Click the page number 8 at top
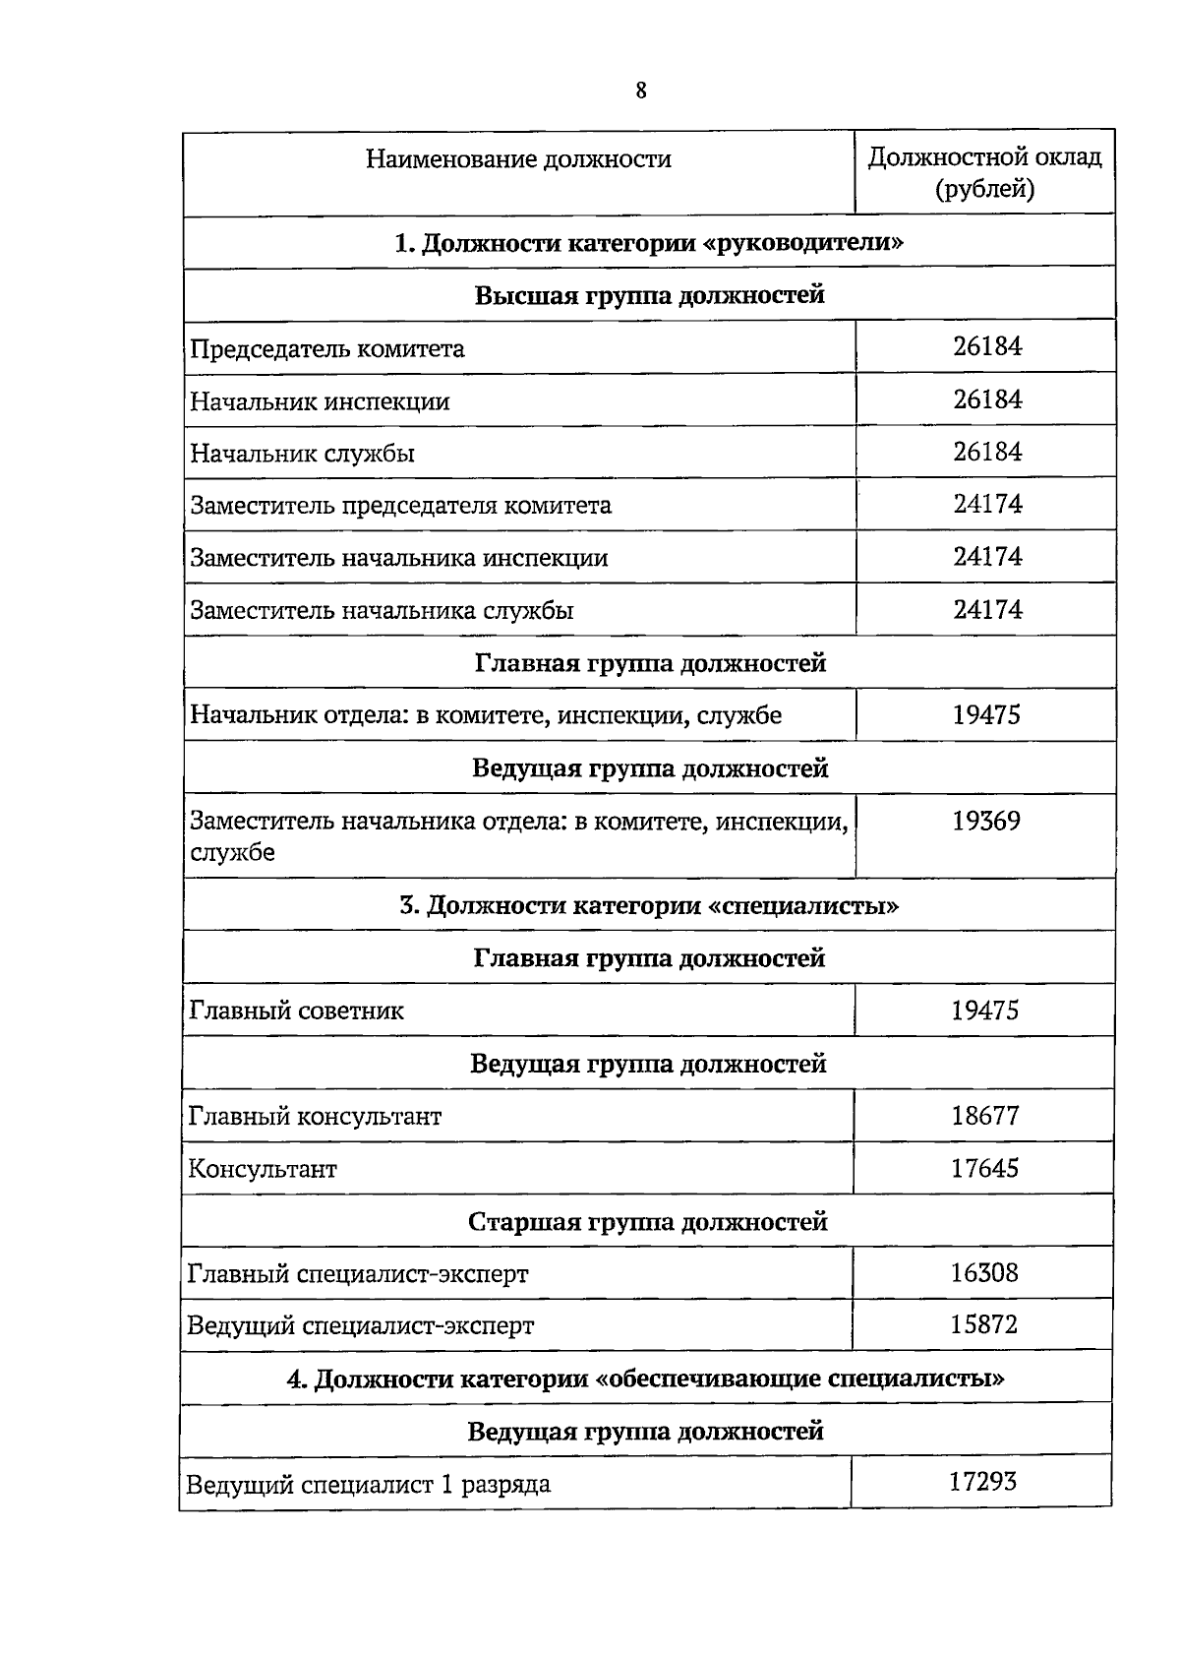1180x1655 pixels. click(641, 91)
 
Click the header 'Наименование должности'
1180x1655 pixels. click(518, 159)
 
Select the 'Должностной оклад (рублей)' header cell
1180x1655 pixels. click(984, 172)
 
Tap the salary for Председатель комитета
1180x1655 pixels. click(986, 346)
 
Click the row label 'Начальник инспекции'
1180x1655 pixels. click(320, 401)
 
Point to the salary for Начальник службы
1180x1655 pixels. click(986, 452)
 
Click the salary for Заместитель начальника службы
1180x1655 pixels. click(986, 609)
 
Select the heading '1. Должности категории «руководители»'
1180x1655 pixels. click(649, 243)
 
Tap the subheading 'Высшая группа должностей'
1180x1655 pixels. click(649, 295)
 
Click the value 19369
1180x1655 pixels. click(985, 821)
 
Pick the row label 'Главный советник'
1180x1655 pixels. click(296, 1011)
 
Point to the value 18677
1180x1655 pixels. click(984, 1116)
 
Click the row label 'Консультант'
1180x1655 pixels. click(263, 1169)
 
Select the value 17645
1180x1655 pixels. click(984, 1168)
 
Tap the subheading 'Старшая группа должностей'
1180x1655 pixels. click(647, 1222)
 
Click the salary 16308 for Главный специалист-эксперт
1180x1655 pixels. click(983, 1273)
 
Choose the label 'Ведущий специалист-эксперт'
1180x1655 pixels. click(360, 1325)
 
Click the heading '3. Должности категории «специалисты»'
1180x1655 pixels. click(649, 905)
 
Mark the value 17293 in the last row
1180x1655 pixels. click(981, 1481)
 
